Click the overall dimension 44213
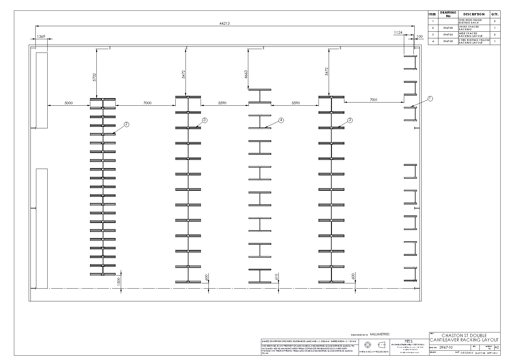click(x=224, y=23)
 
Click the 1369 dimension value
click(x=41, y=37)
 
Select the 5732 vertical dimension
click(x=94, y=77)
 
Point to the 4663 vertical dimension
click(x=246, y=74)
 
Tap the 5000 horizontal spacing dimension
click(x=69, y=103)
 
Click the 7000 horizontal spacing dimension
click(x=148, y=103)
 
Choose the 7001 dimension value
click(x=374, y=100)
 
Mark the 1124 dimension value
click(x=398, y=33)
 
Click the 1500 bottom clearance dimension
click(x=119, y=281)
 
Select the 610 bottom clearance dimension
click(x=276, y=277)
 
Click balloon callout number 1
click(x=430, y=99)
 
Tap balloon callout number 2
click(x=126, y=125)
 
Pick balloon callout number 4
click(x=281, y=120)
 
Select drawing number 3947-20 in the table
click(x=448, y=28)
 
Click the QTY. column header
click(x=495, y=14)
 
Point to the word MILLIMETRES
click(x=380, y=334)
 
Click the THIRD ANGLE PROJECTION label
click(x=374, y=352)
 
